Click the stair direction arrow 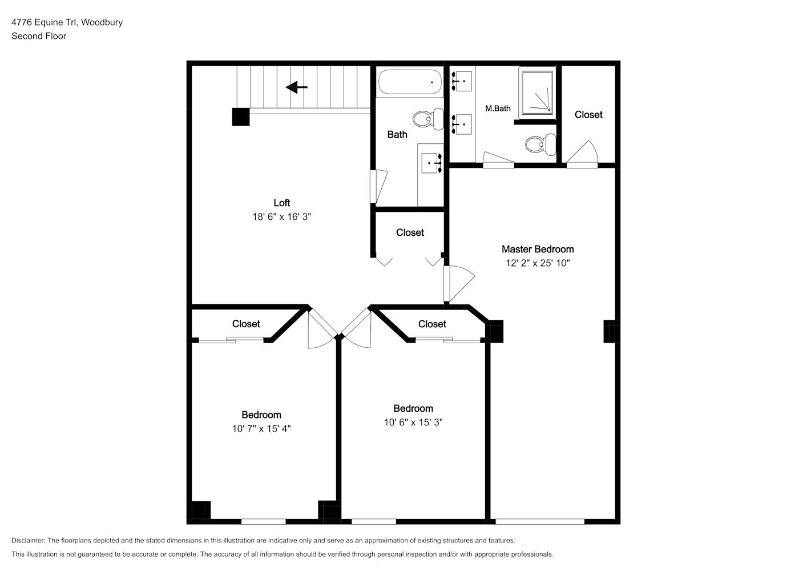297,87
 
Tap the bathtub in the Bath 410,82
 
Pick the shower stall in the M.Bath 536,93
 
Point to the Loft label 282,203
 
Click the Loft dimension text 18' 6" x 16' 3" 282,216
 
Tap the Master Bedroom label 538,249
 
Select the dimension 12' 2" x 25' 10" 538,263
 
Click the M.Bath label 498,108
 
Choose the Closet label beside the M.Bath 588,115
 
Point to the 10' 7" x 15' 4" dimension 261,429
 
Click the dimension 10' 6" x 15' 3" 413,422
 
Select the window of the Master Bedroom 540,522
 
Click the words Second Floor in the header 39,36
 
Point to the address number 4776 22,22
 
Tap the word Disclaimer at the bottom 28,540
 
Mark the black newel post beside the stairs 241,117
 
